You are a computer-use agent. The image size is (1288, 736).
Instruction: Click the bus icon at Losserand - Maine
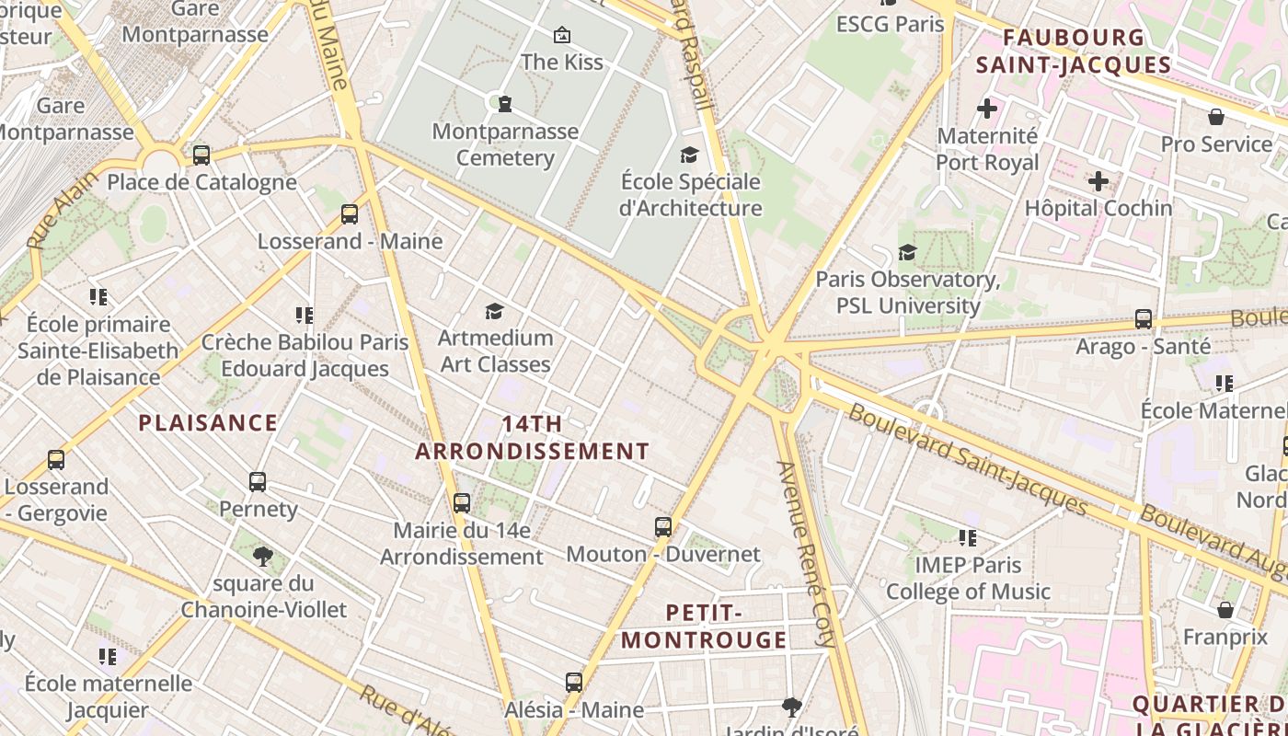coord(350,214)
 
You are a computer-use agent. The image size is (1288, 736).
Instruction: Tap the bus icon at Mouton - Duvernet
coord(663,527)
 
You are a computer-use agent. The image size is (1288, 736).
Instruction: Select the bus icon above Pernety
coord(258,481)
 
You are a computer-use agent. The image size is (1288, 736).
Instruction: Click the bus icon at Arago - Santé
coord(1144,319)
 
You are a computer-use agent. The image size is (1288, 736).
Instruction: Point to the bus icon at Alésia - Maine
coord(574,683)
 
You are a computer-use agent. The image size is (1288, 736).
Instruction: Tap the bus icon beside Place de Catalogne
coord(201,155)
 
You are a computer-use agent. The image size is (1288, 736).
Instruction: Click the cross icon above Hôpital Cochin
coord(1098,181)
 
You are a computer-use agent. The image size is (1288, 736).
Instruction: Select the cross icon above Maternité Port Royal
coord(987,109)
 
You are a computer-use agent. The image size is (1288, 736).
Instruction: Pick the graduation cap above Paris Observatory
coord(908,252)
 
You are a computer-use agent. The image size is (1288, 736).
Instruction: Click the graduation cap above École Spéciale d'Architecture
coord(690,155)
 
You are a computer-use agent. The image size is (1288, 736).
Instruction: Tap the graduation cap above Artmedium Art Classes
coord(495,311)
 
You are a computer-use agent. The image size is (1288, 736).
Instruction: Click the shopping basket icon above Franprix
coord(1225,610)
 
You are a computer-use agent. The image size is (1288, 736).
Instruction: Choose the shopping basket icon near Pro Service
coord(1216,117)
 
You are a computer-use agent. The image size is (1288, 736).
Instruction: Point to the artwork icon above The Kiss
coord(561,35)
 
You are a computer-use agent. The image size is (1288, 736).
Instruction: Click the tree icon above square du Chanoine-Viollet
coord(263,556)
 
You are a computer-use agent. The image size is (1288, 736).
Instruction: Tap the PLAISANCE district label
coord(208,423)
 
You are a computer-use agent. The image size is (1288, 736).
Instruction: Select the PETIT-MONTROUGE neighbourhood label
coord(705,627)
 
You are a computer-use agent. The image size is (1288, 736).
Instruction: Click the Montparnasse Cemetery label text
coord(505,144)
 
